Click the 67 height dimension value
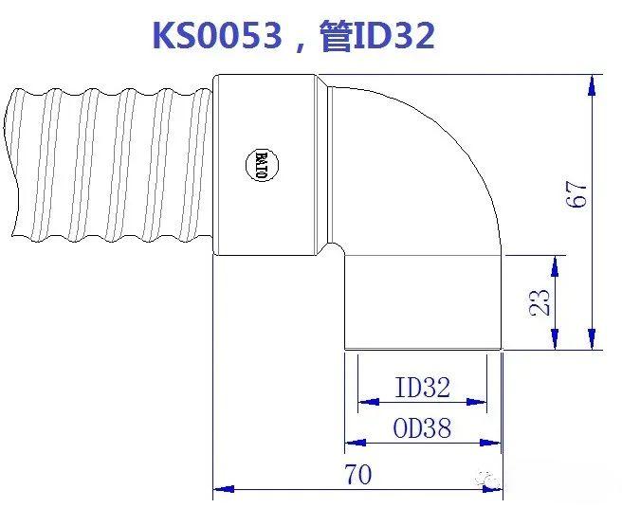pyautogui.click(x=579, y=194)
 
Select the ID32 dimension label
pyautogui.click(x=422, y=387)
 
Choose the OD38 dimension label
pyautogui.click(x=422, y=428)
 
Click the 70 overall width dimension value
pyautogui.click(x=357, y=474)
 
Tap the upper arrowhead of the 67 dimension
pyautogui.click(x=592, y=83)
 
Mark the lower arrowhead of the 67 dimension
pyautogui.click(x=592, y=339)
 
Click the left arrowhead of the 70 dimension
pyautogui.click(x=224, y=489)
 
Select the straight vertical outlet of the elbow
pyautogui.click(x=422, y=301)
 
